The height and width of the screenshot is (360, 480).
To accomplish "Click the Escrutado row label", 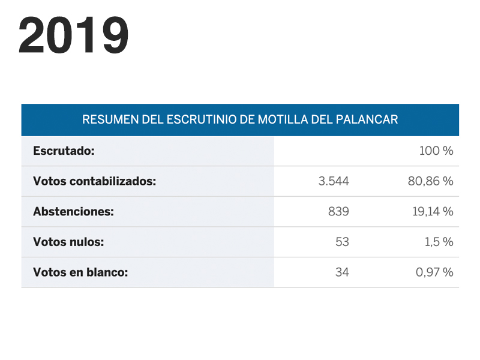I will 64,151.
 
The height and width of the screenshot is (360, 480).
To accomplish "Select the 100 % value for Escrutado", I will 436,151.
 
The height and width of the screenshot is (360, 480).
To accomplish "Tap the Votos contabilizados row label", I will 95,181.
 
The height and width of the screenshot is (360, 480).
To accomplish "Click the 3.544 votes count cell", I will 334,181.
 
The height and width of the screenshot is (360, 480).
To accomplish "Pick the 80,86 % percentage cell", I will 430,181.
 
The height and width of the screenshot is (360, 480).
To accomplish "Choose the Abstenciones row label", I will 73,211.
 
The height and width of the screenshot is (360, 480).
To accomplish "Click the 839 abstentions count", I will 338,211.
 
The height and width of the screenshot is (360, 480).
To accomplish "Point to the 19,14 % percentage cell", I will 432,211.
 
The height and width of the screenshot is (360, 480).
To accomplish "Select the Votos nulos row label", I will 68,242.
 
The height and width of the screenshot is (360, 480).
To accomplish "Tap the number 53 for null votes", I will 342,242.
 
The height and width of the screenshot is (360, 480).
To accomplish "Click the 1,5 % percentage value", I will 439,242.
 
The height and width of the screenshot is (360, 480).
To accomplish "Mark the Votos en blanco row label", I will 80,272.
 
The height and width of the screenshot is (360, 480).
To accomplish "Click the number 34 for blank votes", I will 342,272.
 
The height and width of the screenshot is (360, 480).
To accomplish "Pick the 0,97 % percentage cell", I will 434,272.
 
